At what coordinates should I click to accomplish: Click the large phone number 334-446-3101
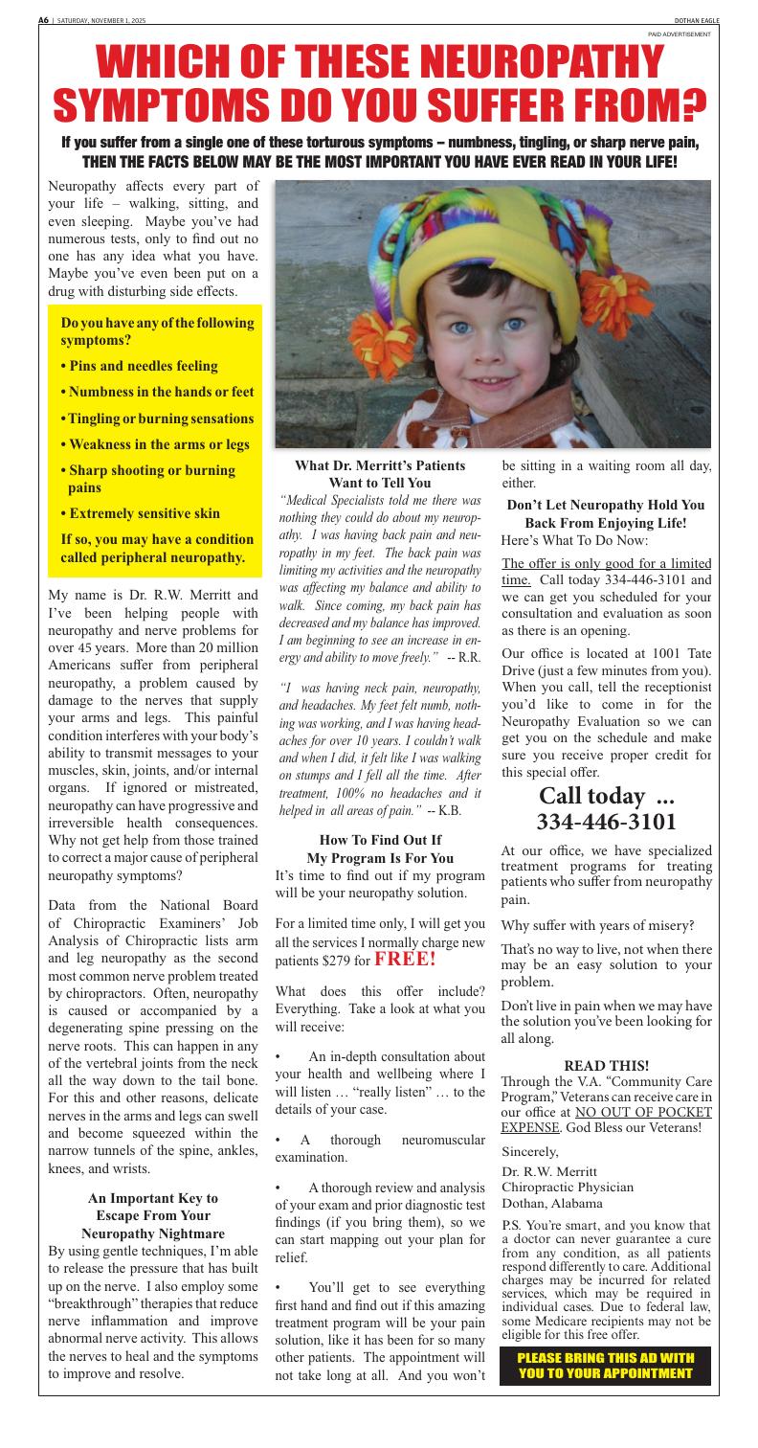pos(607,822)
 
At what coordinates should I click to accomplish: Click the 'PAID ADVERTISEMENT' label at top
pos(680,34)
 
